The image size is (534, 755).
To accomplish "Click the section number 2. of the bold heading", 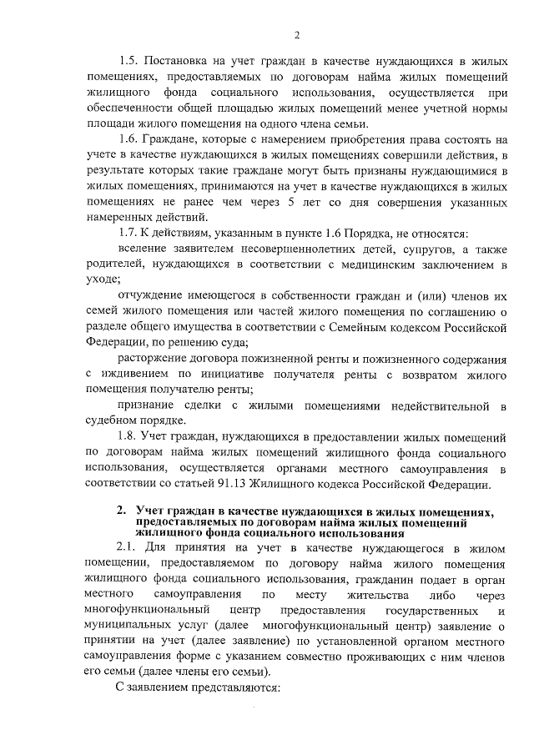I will tap(122, 511).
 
